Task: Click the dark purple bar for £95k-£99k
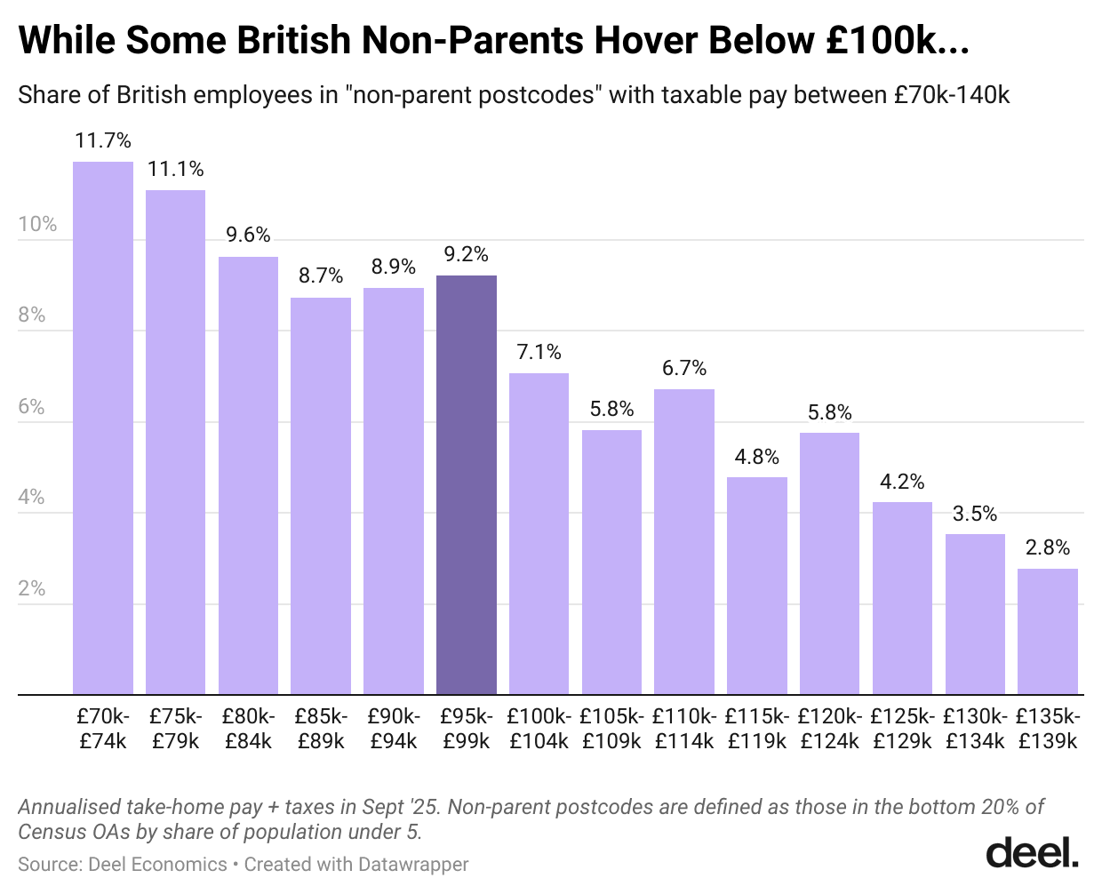[466, 484]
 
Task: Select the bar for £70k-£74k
[103, 427]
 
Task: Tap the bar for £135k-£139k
[1047, 631]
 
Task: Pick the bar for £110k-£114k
[683, 541]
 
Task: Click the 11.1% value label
[176, 169]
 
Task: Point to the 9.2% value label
[466, 254]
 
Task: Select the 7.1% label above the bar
[539, 352]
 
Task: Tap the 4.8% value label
[756, 457]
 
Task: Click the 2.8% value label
[1047, 547]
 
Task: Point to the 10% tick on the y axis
[37, 224]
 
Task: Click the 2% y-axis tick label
[32, 588]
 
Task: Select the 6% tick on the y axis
[32, 406]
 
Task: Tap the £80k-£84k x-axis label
[248, 728]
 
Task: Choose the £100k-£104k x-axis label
[539, 728]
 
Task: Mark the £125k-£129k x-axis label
[902, 728]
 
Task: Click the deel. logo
[1032, 852]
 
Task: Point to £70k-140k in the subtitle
[952, 94]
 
